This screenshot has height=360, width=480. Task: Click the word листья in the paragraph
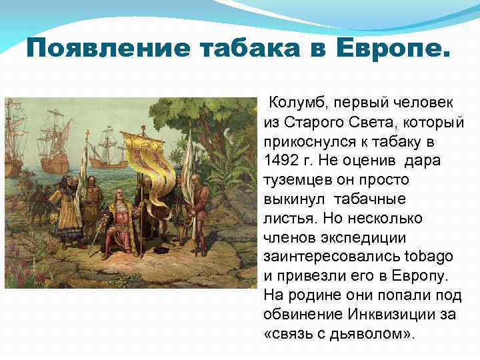click(287, 218)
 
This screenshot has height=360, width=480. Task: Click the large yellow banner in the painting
click(150, 157)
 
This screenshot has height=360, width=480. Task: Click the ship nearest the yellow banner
click(107, 147)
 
